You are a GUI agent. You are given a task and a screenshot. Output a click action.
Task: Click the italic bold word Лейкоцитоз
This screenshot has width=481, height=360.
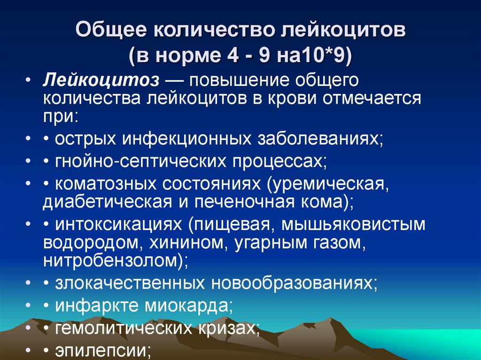[x=101, y=79]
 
